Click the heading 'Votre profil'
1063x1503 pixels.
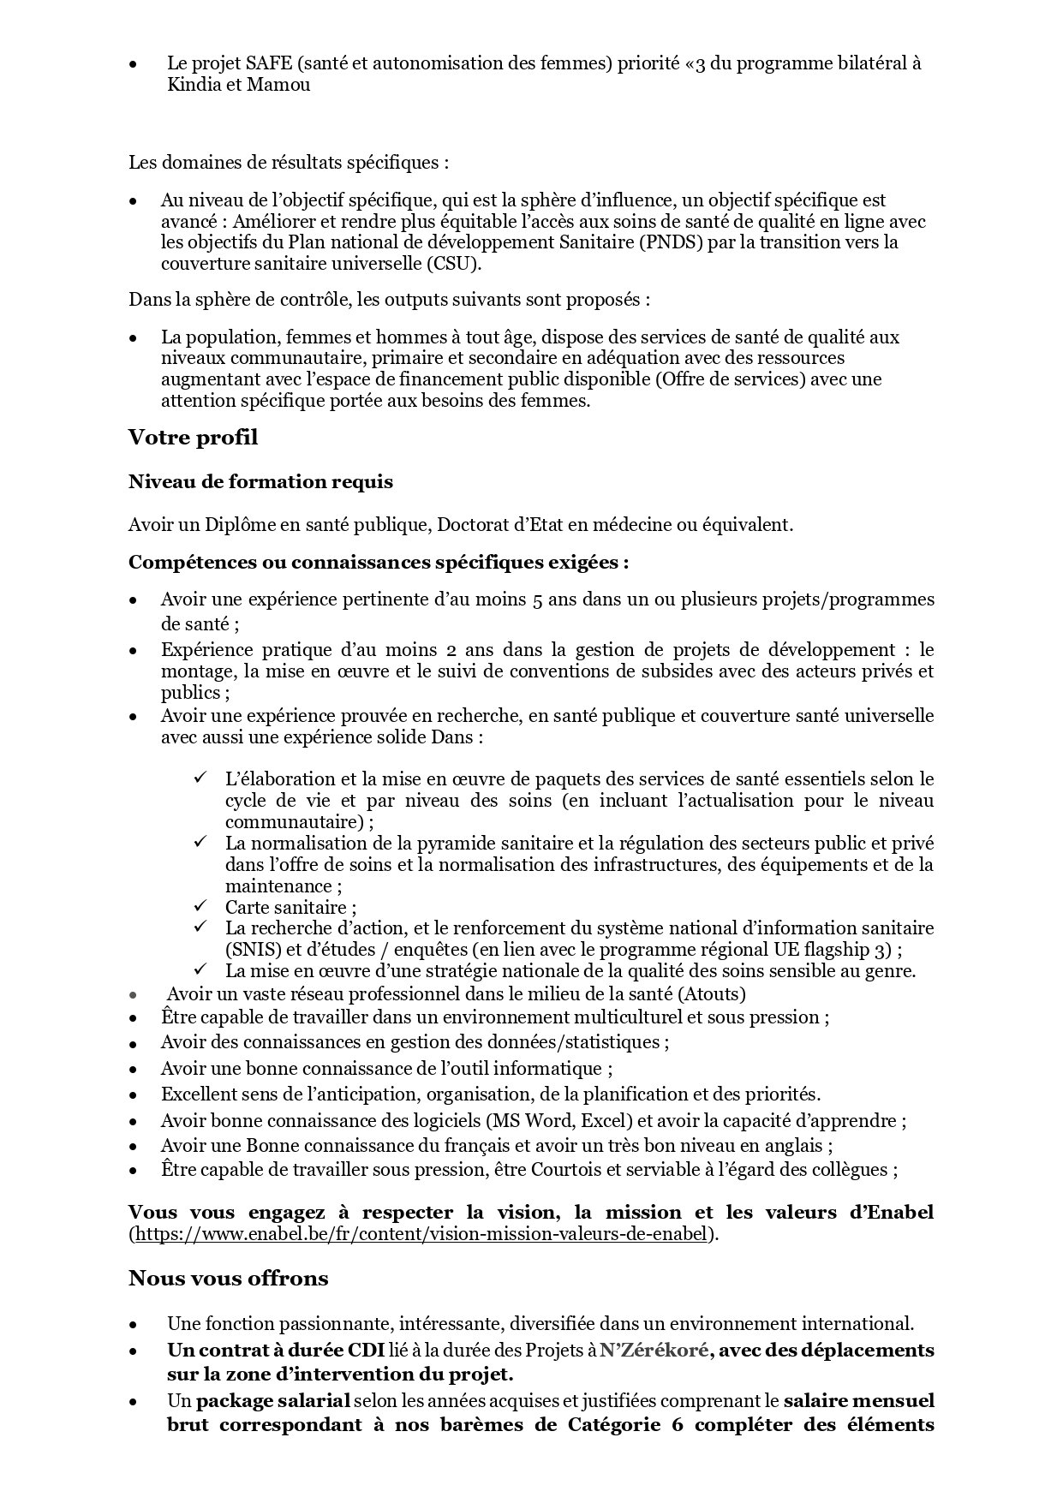click(193, 438)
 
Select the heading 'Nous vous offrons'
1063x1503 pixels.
click(228, 1279)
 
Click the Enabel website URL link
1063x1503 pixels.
click(422, 1234)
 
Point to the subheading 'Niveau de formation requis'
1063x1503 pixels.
click(260, 482)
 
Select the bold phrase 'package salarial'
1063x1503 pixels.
click(273, 1401)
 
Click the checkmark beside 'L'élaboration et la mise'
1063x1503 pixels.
click(200, 778)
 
